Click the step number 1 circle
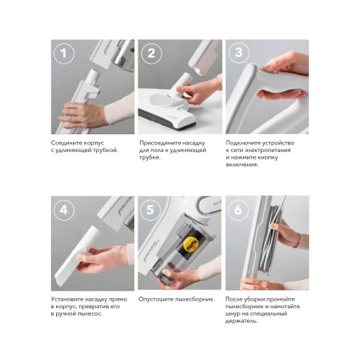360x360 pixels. (64, 53)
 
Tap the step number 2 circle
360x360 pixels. (151, 53)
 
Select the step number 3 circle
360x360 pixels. (239, 53)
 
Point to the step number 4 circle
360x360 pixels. (64, 210)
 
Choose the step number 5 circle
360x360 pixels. (150, 210)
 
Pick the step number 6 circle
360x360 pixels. (238, 210)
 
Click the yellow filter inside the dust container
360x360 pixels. (189, 245)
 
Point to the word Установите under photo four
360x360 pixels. (68, 299)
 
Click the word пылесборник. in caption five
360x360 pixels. (195, 299)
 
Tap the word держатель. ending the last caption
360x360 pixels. (242, 321)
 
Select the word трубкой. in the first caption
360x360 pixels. (105, 150)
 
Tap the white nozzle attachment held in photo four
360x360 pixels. (77, 252)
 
